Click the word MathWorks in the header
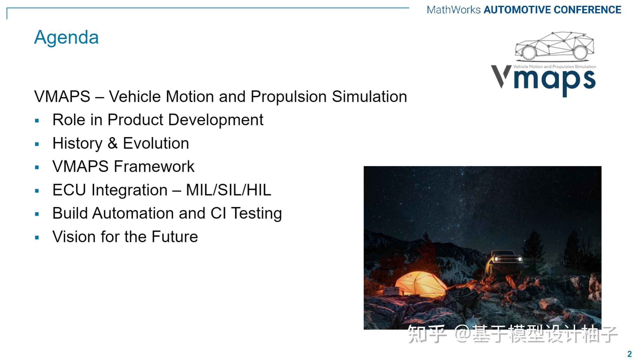(454, 10)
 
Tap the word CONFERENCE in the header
(588, 10)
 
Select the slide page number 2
(629, 354)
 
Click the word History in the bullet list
(78, 143)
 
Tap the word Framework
(154, 167)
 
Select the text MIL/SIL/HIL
(229, 190)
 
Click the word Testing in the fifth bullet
(256, 214)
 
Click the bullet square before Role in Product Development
(37, 121)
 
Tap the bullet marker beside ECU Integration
(37, 191)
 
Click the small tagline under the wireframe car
(555, 67)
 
